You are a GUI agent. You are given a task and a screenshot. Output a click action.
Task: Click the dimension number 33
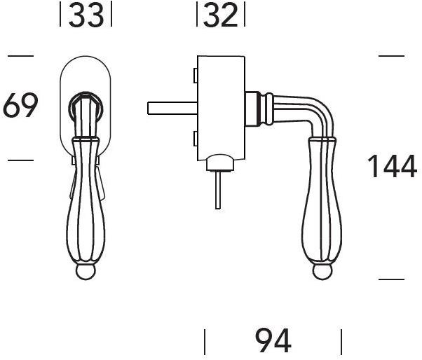[86, 15]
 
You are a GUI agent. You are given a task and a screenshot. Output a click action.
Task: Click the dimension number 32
[221, 15]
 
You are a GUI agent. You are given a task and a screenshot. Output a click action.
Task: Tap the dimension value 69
[20, 105]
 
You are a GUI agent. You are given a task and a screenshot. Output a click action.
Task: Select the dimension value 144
[392, 166]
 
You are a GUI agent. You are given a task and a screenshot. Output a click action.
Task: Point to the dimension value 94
[273, 340]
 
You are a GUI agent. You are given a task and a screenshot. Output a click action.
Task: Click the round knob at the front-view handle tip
[86, 272]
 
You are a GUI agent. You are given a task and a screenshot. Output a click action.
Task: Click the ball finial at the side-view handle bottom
[322, 272]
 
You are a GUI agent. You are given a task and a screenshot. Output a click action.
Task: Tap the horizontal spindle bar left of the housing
[172, 109]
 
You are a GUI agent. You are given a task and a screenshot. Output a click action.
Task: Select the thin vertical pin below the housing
[218, 190]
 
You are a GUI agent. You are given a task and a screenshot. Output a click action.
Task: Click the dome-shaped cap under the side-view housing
[219, 162]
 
